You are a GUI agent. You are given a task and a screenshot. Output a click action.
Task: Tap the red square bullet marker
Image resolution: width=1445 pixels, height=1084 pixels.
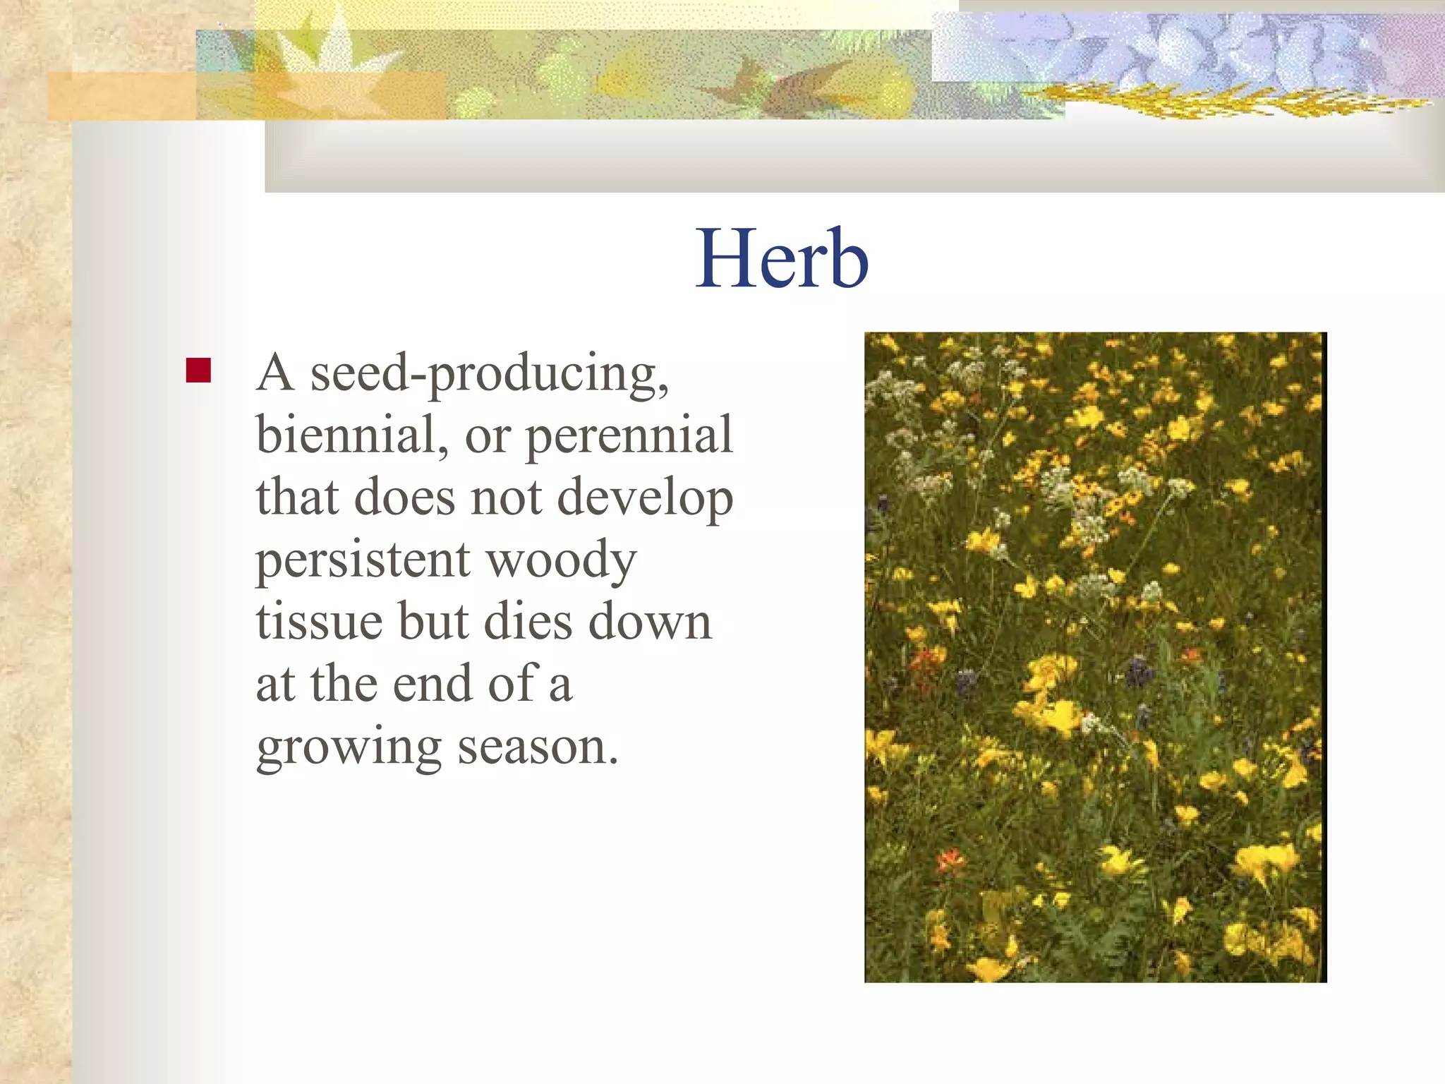point(198,370)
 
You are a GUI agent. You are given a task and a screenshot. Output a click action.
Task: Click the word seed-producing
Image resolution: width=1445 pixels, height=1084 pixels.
point(489,374)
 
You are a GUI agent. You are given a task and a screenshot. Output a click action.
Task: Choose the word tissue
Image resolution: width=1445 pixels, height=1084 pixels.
point(320,622)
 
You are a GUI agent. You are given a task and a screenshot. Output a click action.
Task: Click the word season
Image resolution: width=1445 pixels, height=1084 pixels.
point(537,747)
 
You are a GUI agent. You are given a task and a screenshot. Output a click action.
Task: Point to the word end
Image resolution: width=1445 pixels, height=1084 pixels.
point(432,684)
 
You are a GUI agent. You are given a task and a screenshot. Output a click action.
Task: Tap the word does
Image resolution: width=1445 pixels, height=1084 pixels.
point(404,498)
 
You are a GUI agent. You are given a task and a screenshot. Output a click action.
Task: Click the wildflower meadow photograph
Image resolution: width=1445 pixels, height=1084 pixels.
point(1095,656)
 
